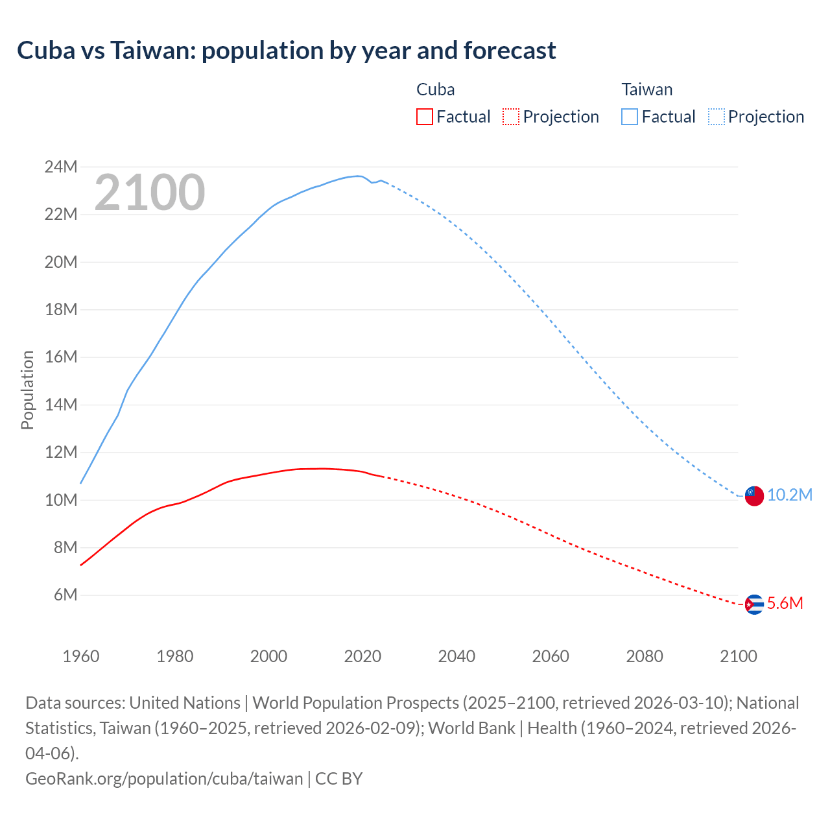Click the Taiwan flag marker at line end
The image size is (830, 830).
pyautogui.click(x=753, y=496)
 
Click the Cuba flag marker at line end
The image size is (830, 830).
pyautogui.click(x=753, y=604)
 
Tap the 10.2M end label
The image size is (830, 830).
pyautogui.click(x=789, y=495)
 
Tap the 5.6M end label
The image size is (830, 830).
pyautogui.click(x=785, y=603)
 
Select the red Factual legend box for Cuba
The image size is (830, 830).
pyautogui.click(x=424, y=117)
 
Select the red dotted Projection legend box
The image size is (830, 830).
pyautogui.click(x=511, y=117)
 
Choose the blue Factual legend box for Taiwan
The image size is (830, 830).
pyautogui.click(x=629, y=117)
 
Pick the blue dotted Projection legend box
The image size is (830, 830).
pyautogui.click(x=716, y=117)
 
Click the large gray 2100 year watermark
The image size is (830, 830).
pyautogui.click(x=150, y=192)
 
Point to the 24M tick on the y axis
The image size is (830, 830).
pyautogui.click(x=61, y=167)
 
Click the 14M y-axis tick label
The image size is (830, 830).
pyautogui.click(x=61, y=405)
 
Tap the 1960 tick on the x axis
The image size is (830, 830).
pyautogui.click(x=81, y=656)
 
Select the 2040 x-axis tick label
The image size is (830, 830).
pyautogui.click(x=456, y=656)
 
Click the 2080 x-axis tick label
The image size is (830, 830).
pyautogui.click(x=645, y=656)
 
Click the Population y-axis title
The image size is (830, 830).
pyautogui.click(x=27, y=389)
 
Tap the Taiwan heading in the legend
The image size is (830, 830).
pyautogui.click(x=646, y=89)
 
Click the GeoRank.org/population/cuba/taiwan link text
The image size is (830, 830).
pyautogui.click(x=164, y=778)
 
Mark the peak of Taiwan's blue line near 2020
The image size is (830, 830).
pyautogui.click(x=357, y=176)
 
